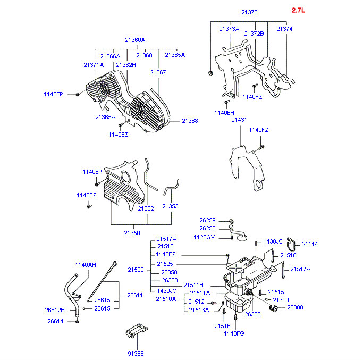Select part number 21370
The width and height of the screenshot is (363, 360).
(249, 12)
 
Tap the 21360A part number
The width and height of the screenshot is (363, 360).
(135, 40)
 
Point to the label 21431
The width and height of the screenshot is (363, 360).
(239, 120)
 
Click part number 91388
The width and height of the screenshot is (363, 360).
(135, 354)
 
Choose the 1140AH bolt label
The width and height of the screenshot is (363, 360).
(85, 265)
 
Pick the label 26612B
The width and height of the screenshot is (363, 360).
(55, 310)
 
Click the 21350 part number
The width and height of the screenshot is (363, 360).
(132, 233)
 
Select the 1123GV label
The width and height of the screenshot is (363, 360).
(204, 237)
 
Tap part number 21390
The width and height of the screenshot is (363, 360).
(281, 300)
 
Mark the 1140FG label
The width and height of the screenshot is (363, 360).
(233, 333)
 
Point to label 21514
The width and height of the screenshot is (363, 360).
(310, 244)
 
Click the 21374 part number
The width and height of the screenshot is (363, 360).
(284, 29)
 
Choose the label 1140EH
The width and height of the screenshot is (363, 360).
(224, 113)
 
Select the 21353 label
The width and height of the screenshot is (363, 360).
(170, 206)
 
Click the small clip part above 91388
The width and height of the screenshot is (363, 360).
(136, 331)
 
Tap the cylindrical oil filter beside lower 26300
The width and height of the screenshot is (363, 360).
(273, 308)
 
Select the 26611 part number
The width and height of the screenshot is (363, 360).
(135, 295)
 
